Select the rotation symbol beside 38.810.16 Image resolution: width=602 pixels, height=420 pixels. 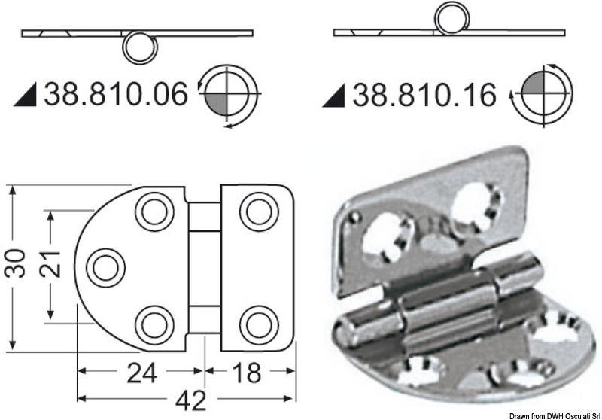coord(540,95)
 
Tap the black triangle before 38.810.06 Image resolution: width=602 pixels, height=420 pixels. coord(26,96)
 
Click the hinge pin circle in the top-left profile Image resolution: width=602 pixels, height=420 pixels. coord(140,49)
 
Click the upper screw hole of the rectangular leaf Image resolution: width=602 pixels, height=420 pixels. coord(259,212)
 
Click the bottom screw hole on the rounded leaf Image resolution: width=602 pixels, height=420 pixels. coord(155,324)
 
